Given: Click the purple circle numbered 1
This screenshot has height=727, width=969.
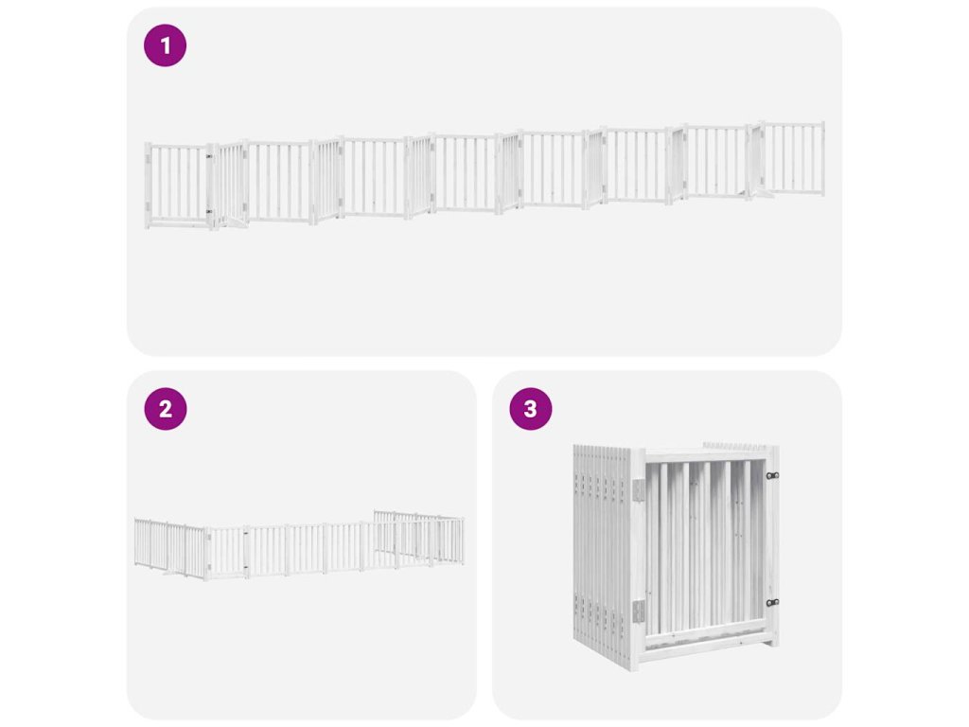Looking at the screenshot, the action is pyautogui.click(x=165, y=45).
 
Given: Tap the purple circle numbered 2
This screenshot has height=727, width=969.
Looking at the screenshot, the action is pyautogui.click(x=165, y=409).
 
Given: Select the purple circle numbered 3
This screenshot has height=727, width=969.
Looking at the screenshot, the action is pyautogui.click(x=530, y=409).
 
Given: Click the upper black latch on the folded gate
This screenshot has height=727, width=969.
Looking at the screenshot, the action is pyautogui.click(x=772, y=475).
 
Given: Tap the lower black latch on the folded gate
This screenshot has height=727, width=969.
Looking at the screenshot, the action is pyautogui.click(x=772, y=602).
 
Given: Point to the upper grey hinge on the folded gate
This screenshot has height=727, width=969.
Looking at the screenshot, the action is pyautogui.click(x=639, y=490).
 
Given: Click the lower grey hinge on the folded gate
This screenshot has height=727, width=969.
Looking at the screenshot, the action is pyautogui.click(x=639, y=612).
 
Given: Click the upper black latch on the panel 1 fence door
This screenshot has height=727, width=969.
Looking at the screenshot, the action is pyautogui.click(x=209, y=156).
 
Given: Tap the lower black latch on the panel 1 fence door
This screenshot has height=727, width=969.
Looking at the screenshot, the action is pyautogui.click(x=209, y=211).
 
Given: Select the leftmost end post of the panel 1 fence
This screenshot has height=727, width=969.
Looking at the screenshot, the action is pyautogui.click(x=148, y=186).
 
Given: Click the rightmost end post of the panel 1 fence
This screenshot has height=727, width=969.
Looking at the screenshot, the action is pyautogui.click(x=822, y=159).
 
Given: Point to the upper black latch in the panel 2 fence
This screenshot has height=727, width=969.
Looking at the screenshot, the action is pyautogui.click(x=245, y=532).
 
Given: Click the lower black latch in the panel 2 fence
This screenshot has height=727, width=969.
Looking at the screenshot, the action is pyautogui.click(x=245, y=567).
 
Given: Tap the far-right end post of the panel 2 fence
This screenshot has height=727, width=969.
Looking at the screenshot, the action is pyautogui.click(x=462, y=541).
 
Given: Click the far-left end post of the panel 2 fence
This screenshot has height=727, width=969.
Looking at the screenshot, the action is pyautogui.click(x=136, y=541).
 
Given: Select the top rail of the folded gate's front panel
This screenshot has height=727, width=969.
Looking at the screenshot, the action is pyautogui.click(x=704, y=455).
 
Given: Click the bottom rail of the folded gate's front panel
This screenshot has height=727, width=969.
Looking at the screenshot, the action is pyautogui.click(x=704, y=639).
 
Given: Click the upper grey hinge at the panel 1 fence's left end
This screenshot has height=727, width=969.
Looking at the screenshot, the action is pyautogui.click(x=149, y=159).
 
